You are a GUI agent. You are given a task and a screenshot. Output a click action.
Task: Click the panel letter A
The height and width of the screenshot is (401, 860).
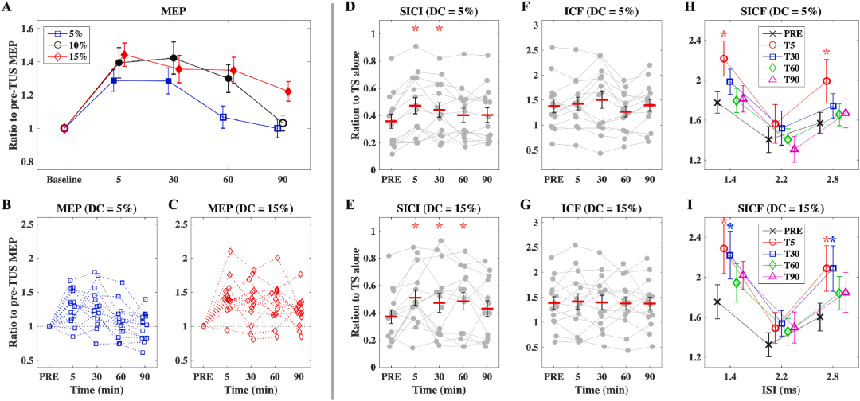(7, 8)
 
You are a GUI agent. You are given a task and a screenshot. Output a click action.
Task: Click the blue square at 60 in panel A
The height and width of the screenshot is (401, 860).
(223, 117)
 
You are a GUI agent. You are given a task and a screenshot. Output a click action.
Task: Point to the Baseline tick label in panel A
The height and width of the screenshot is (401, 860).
(63, 177)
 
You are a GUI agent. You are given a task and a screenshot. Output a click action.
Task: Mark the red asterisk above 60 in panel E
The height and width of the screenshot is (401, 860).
(463, 227)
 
